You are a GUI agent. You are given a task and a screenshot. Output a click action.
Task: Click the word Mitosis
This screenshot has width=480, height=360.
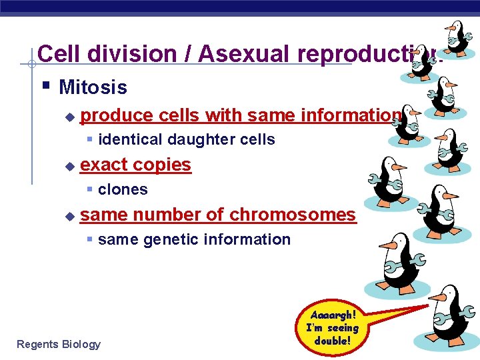tap(93, 87)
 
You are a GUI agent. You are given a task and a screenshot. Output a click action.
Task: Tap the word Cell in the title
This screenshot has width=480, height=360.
tap(58, 54)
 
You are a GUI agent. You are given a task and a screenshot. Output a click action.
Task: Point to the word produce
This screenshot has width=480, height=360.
tap(117, 115)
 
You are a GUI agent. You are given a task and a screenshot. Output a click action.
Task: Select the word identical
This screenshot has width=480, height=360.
tap(130, 140)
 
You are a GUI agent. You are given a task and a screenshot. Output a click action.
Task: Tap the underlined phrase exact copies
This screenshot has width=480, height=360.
tap(135, 165)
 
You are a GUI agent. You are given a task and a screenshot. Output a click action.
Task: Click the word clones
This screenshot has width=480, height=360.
tap(123, 190)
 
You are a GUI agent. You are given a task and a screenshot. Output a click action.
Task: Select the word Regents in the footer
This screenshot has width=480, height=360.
tap(37, 344)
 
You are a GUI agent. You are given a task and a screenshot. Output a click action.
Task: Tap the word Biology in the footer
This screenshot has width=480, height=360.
tap(81, 344)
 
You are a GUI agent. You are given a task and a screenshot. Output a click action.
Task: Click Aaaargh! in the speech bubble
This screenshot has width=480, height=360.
tap(332, 315)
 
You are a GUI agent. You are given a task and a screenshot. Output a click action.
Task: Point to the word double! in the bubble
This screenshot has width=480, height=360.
tap(332, 341)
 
